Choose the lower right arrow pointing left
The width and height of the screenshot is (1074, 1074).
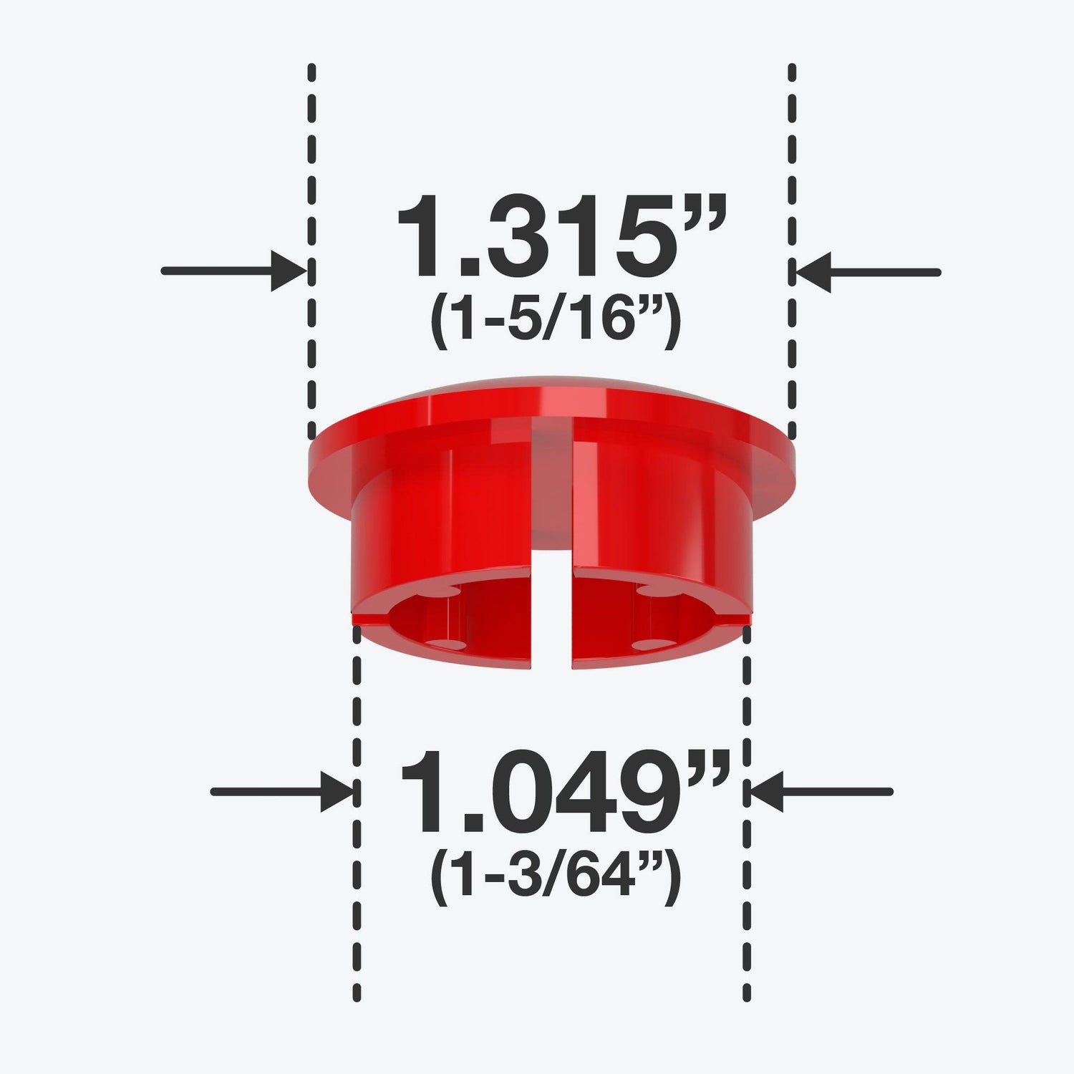819,792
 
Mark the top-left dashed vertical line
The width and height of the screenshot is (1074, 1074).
311,251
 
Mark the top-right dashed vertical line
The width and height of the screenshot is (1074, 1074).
792,251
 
